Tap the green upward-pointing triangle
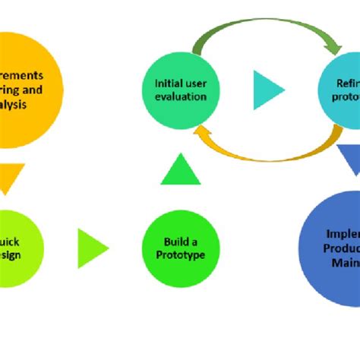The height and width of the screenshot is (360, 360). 181,170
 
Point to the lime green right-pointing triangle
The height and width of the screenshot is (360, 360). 91,248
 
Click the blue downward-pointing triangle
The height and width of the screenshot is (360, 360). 349,160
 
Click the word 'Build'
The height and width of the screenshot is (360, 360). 169,242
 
